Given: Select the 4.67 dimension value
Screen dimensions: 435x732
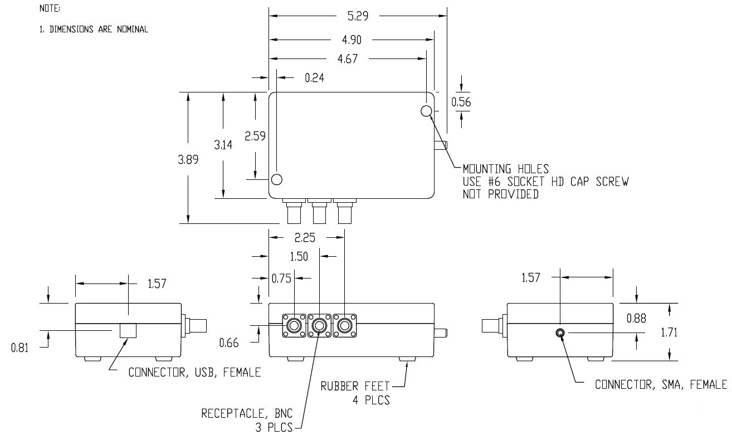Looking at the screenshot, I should pos(348,60).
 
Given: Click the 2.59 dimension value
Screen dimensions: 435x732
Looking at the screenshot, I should pos(256,136).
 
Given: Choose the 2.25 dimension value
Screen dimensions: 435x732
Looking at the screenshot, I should pos(305,238).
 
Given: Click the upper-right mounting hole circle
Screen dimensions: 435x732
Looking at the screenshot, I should pos(427,111).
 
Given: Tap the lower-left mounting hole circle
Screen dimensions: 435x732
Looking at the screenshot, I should pos(276,179).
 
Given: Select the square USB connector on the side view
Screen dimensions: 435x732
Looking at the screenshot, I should pos(128,331).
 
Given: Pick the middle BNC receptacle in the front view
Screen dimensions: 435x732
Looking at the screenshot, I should pos(319,324).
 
